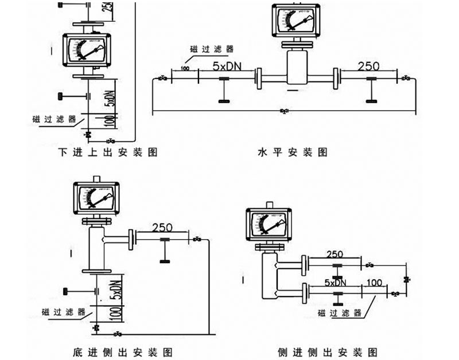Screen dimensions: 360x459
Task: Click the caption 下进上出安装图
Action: tap(108, 152)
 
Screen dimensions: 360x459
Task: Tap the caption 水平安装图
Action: tap(293, 152)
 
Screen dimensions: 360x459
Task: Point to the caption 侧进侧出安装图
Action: tap(326, 351)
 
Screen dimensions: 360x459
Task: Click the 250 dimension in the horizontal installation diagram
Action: tap(368, 66)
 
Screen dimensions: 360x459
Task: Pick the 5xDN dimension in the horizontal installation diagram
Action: tap(227, 66)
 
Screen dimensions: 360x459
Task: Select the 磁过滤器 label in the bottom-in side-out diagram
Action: tap(63, 312)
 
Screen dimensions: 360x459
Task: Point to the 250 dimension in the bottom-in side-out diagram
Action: tap(163, 228)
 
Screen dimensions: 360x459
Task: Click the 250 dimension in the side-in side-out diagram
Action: tap(335, 254)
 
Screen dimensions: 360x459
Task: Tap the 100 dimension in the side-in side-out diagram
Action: tap(374, 283)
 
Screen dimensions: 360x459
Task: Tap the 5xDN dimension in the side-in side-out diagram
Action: tap(335, 283)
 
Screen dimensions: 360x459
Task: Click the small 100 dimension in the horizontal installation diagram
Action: tap(185, 69)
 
